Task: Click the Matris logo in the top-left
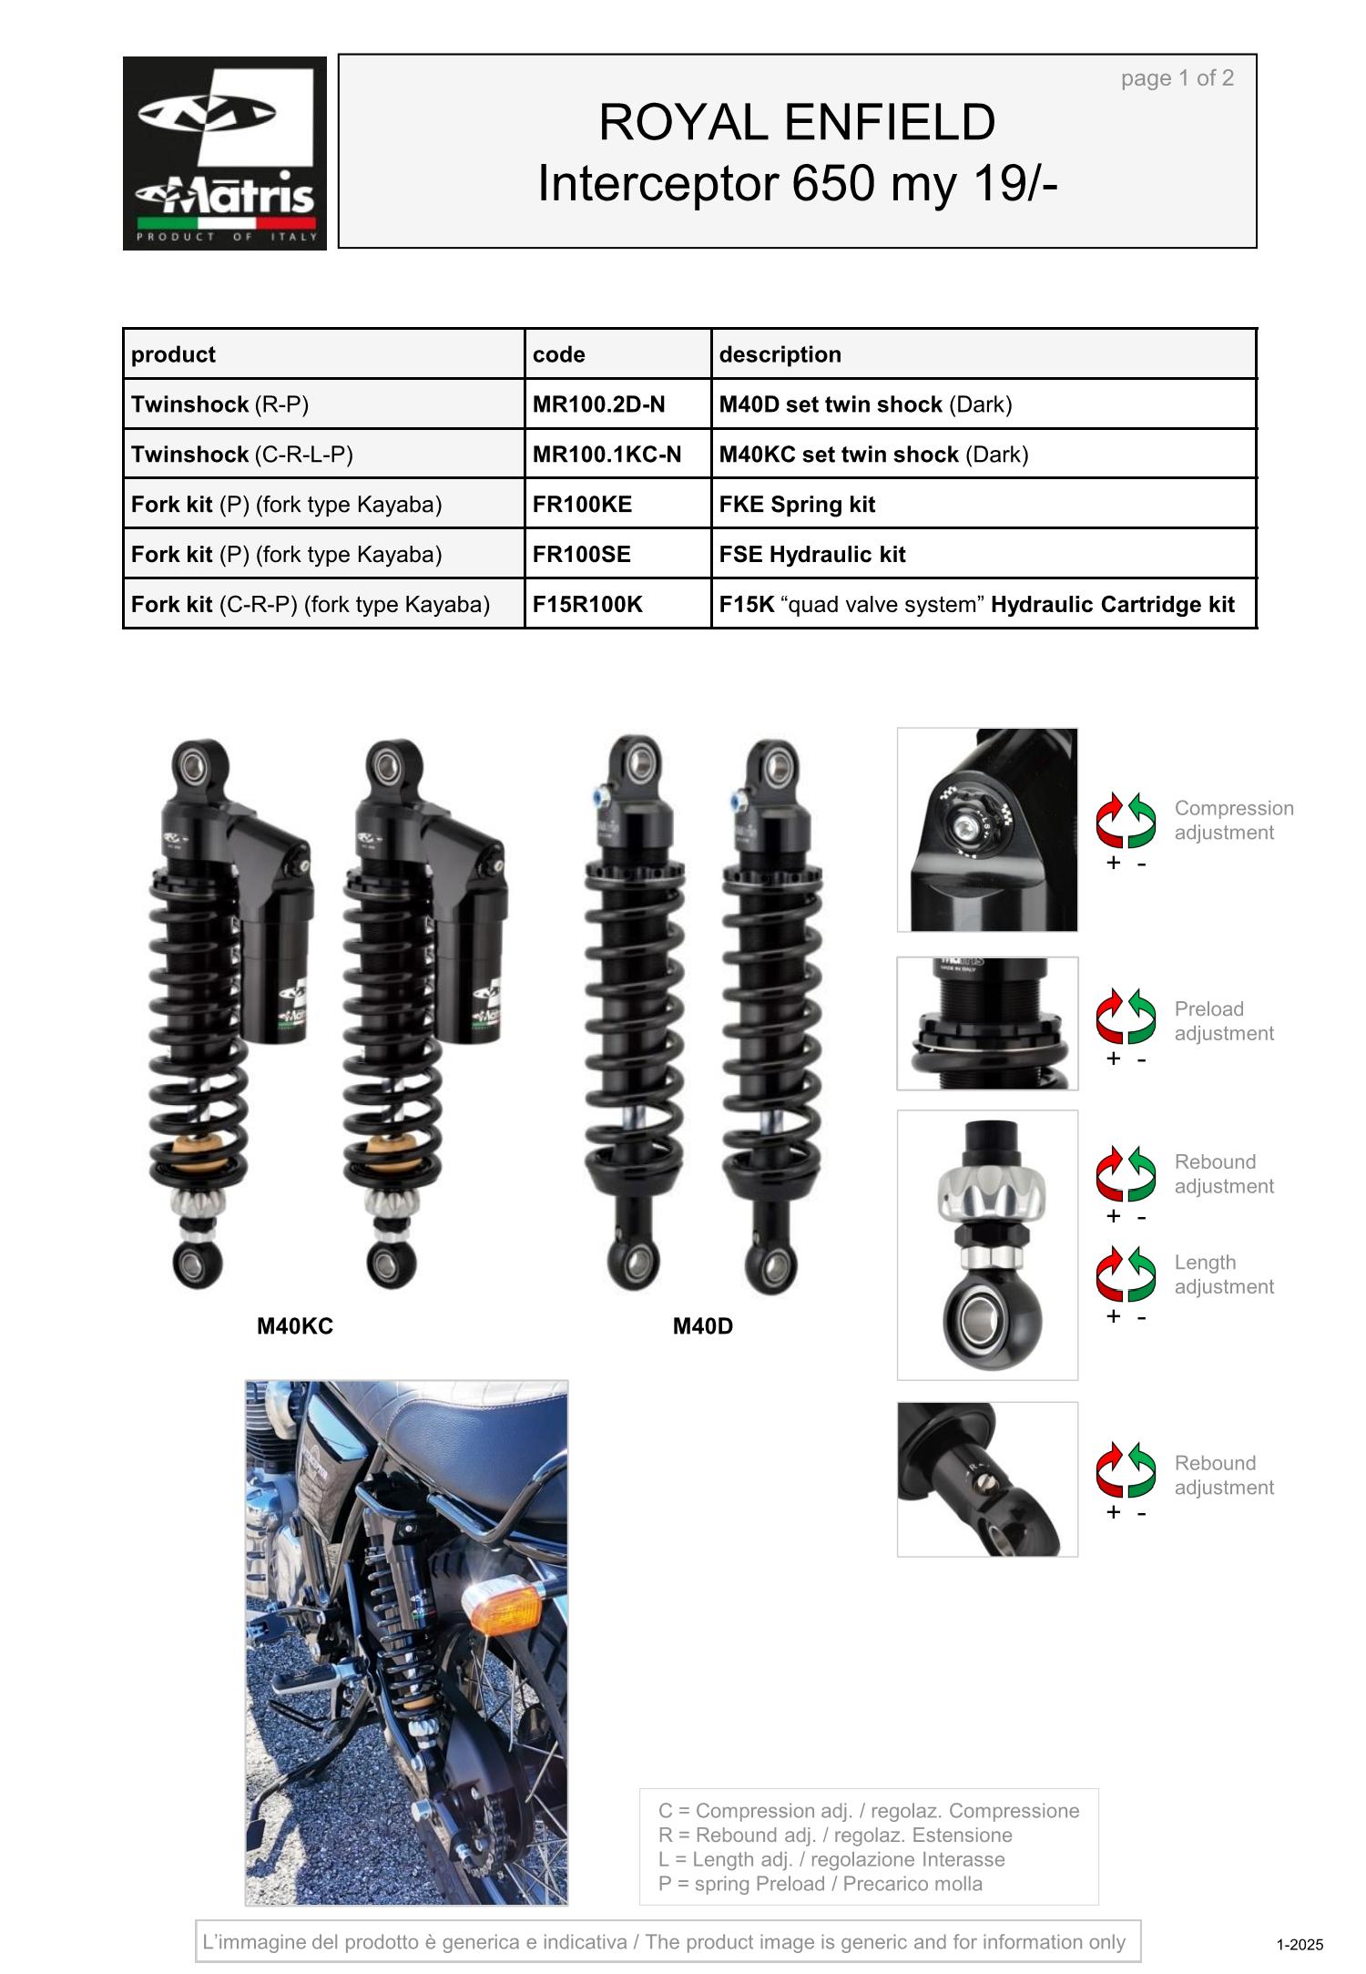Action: (x=225, y=153)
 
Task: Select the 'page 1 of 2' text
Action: (x=1177, y=78)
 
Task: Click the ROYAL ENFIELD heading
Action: (x=797, y=122)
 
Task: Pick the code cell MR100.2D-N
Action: (x=617, y=404)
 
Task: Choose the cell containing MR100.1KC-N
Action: (x=617, y=455)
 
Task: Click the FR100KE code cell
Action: (x=617, y=505)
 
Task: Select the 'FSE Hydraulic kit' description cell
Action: (x=984, y=555)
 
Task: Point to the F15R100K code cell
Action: (x=617, y=605)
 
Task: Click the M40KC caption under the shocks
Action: (x=295, y=1326)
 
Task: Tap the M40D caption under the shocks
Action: (x=703, y=1326)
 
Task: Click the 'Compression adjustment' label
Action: (x=1234, y=820)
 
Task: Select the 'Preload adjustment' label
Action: (x=1224, y=1021)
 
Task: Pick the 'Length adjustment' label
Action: (x=1224, y=1274)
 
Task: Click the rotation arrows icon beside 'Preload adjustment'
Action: (x=1126, y=1018)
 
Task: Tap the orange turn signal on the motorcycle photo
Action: (x=502, y=1612)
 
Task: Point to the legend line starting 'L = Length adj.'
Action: (x=831, y=1859)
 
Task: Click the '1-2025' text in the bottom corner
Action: (x=1300, y=1945)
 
